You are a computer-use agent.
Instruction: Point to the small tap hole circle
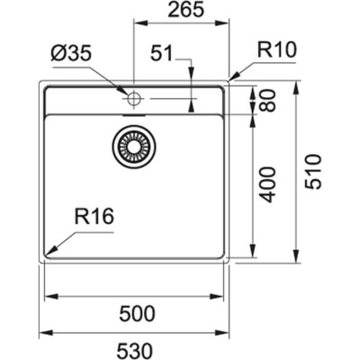tap(135, 97)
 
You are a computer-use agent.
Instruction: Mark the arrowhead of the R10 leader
tap(232, 81)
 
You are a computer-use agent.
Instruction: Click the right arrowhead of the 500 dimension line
tap(220, 294)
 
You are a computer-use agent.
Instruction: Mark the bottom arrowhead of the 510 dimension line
tap(298, 261)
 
